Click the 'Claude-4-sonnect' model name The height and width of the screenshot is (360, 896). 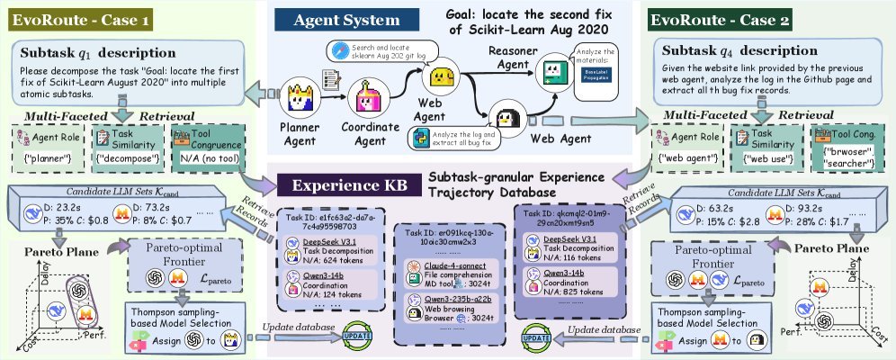(x=447, y=266)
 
